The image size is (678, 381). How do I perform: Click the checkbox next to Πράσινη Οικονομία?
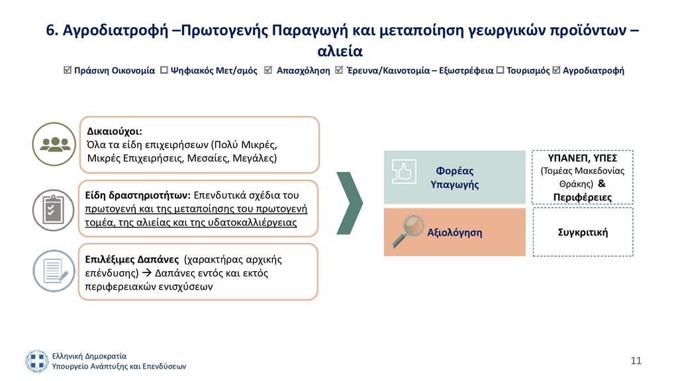point(67,70)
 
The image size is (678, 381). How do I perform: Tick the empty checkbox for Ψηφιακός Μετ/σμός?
point(164,70)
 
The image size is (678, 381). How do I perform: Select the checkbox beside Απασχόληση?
point(268,70)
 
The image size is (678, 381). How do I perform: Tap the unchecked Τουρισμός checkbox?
point(501,70)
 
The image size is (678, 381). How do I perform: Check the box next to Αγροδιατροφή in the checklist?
point(556,70)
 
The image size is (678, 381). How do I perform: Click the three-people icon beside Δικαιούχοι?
point(54,144)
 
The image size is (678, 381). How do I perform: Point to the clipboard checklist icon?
point(54,210)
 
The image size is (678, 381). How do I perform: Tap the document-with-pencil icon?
point(54,271)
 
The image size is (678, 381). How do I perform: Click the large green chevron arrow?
point(350,203)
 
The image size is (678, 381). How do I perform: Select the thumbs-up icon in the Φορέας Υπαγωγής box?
point(404,171)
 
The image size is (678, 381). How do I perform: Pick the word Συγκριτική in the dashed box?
point(583,232)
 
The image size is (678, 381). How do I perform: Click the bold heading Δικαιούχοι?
point(115,132)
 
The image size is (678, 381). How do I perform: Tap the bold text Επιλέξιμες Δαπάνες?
point(132,259)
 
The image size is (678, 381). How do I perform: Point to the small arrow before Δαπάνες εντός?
point(146,273)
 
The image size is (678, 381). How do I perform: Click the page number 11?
point(636,360)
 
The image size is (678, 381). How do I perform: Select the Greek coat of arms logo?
point(37,361)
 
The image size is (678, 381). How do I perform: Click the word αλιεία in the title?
point(340,51)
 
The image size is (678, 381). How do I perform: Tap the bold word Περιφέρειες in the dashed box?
point(583,197)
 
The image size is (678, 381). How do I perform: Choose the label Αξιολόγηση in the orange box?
point(454,232)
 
